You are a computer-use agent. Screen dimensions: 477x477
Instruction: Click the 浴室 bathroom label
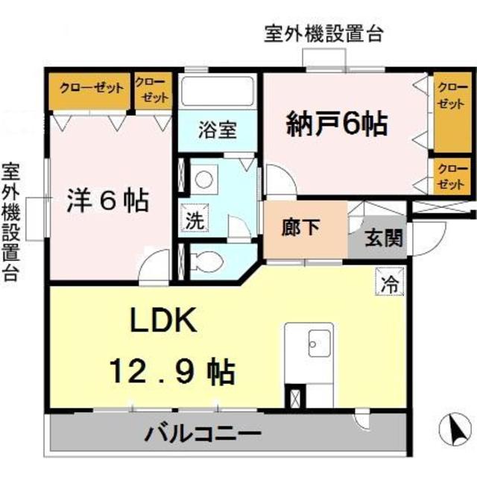point(217,129)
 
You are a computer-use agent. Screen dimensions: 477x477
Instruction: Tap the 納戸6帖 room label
point(337,123)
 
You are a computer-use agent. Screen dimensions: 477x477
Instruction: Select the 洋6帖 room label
point(109,200)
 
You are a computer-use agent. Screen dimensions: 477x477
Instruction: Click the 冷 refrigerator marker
point(388,282)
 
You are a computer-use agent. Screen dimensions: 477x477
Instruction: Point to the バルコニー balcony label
point(202,432)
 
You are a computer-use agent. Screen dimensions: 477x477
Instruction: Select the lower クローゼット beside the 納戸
point(449,177)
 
